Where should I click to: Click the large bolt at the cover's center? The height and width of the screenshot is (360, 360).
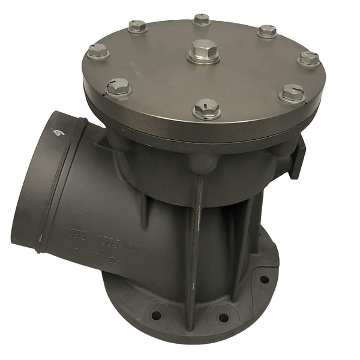pyautogui.click(x=203, y=52)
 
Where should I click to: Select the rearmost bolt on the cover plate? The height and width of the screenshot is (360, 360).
pyautogui.click(x=202, y=19)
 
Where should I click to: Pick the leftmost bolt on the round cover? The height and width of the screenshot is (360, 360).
pyautogui.click(x=98, y=51)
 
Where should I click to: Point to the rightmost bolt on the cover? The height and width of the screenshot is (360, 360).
pyautogui.click(x=309, y=59)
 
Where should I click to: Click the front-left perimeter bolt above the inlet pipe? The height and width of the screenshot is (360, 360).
pyautogui.click(x=118, y=88)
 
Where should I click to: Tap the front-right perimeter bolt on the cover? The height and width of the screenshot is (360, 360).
pyautogui.click(x=292, y=93)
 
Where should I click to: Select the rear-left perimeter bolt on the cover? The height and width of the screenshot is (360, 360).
pyautogui.click(x=137, y=26)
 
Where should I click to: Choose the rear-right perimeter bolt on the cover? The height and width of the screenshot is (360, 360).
pyautogui.click(x=267, y=31)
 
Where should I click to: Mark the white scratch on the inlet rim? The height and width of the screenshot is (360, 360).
pyautogui.click(x=58, y=131)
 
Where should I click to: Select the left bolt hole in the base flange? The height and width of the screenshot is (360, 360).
pyautogui.click(x=156, y=315)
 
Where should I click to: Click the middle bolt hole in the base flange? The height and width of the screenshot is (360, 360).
pyautogui.click(x=223, y=318)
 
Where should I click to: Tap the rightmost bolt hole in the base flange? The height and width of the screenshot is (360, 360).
pyautogui.click(x=263, y=280)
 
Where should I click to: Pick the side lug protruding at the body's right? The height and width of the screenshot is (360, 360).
pyautogui.click(x=298, y=157)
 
